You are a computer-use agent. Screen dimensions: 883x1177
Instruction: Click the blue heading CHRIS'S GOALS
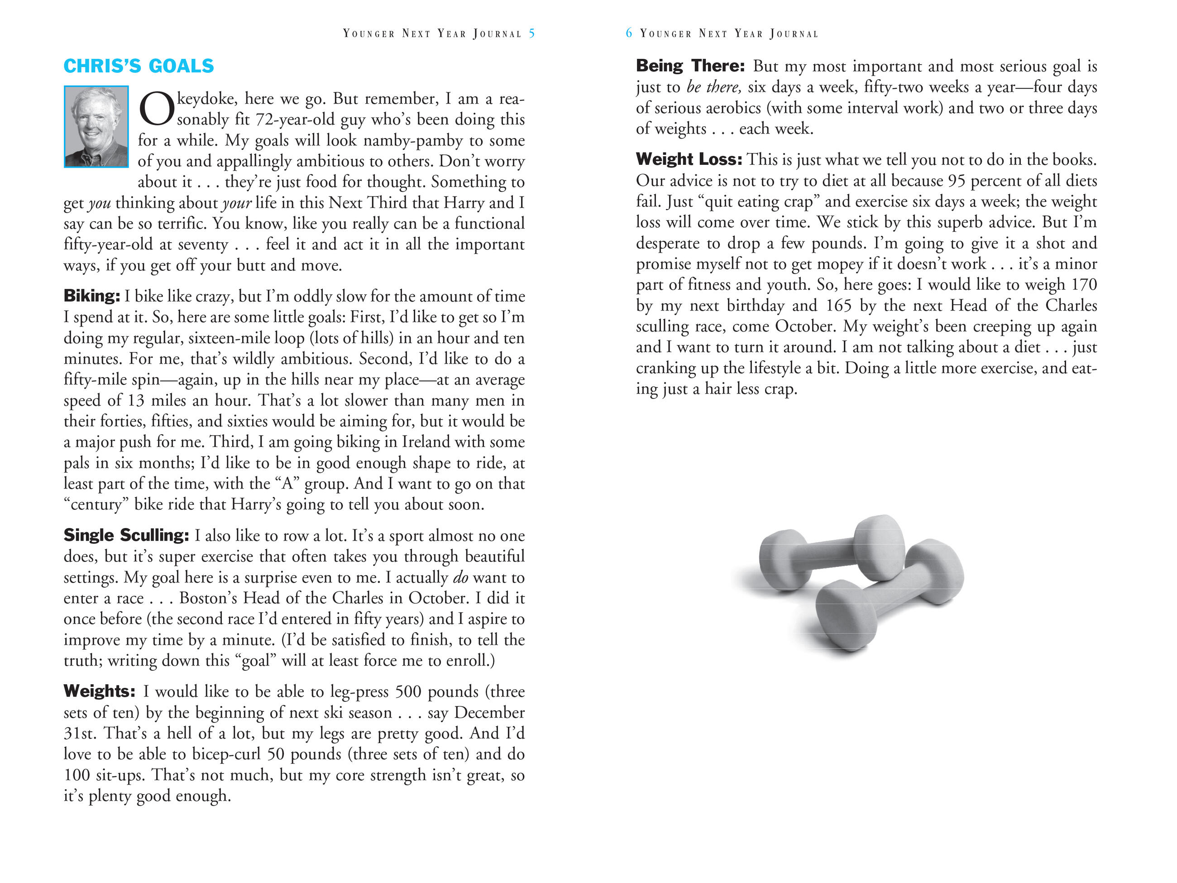(139, 66)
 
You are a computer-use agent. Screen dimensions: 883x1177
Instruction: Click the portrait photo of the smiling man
(96, 127)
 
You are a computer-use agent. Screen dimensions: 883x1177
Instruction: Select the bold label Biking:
(91, 296)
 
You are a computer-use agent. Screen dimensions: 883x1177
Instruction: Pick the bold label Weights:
(100, 691)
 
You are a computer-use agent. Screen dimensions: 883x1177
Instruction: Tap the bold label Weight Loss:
(689, 159)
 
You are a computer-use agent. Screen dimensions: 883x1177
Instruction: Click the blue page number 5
(531, 34)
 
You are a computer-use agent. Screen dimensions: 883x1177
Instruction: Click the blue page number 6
(629, 34)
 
